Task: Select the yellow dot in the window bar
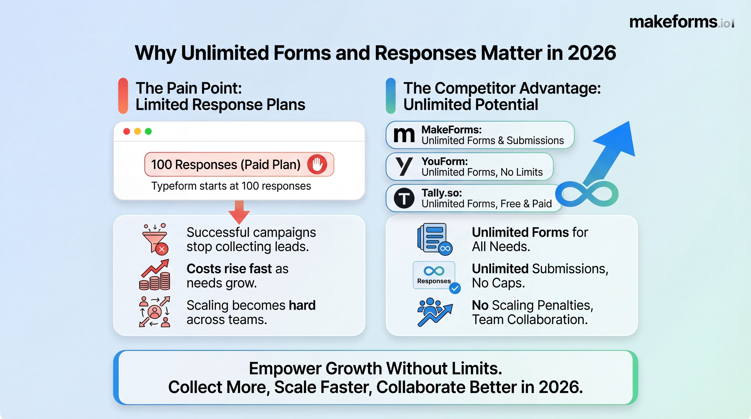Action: [x=137, y=131]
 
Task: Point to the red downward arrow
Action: [x=239, y=212]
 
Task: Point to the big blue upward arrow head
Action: [x=618, y=140]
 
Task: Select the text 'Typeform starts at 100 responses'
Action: [x=231, y=186]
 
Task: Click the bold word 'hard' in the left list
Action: [x=302, y=305]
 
